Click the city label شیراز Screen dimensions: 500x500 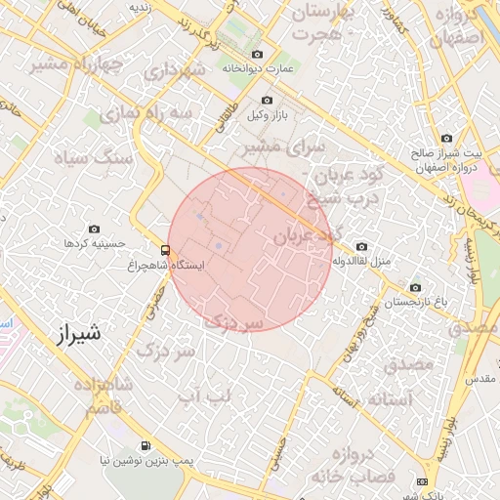click(x=74, y=335)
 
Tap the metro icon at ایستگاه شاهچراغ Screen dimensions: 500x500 click(x=165, y=250)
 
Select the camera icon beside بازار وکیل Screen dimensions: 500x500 click(x=268, y=101)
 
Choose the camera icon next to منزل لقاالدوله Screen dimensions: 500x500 click(x=362, y=247)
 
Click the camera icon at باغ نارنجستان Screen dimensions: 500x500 click(x=415, y=288)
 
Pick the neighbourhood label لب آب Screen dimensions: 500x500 click(x=206, y=395)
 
